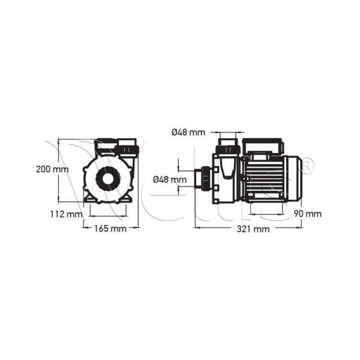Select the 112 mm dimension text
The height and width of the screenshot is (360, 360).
click(x=66, y=214)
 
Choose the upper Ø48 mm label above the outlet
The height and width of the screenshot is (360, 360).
click(x=188, y=133)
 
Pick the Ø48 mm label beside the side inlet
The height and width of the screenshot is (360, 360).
click(x=170, y=179)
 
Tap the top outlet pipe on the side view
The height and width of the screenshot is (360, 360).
click(x=228, y=148)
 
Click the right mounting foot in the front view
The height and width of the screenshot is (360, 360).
click(x=127, y=197)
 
